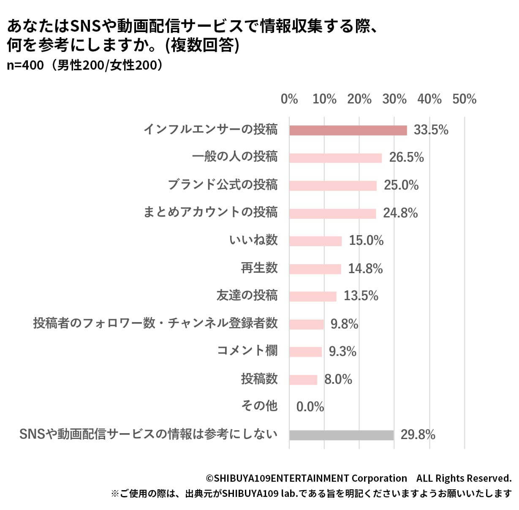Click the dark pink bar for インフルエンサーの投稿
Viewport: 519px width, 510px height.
348,130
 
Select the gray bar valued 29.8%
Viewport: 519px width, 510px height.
341,435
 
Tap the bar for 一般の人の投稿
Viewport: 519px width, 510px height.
335,158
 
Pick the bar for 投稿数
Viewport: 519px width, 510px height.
303,380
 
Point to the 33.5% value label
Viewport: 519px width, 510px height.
431,130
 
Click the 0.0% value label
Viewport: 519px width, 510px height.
310,407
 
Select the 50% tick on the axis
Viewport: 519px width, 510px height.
464,99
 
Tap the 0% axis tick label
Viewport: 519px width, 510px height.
289,99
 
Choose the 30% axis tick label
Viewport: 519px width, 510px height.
394,99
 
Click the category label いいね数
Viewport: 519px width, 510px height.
253,240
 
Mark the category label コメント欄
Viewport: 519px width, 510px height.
247,351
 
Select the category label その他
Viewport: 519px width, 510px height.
259,406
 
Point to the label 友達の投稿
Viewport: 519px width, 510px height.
247,296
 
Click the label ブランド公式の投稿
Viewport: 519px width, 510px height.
223,185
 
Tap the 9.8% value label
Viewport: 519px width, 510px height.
344,324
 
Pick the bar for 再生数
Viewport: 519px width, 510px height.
315,269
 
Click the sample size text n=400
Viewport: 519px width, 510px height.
25,66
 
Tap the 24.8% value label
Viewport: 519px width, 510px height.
400,213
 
